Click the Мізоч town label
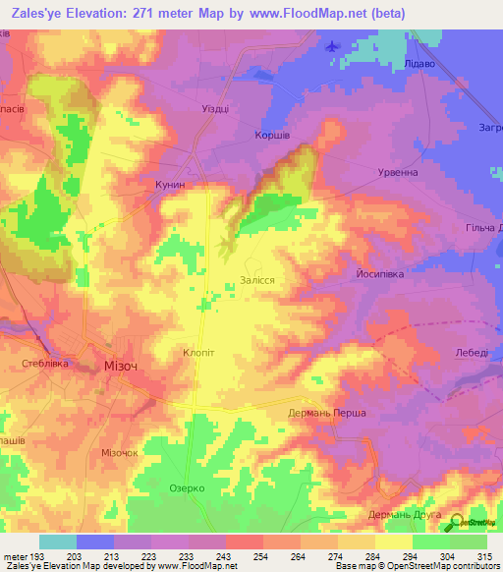click(121, 366)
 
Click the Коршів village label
click(271, 135)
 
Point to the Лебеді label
click(472, 352)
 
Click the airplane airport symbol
click(331, 46)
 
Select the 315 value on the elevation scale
click(481, 557)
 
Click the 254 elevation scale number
click(237, 557)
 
